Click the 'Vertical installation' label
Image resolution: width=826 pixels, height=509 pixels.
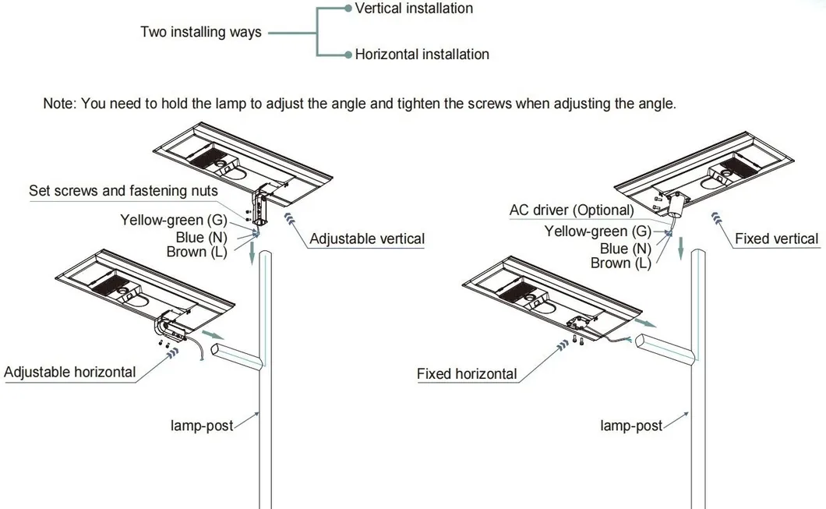[413, 9]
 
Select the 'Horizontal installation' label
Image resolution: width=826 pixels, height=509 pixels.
[422, 55]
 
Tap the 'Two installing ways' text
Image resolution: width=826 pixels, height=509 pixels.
[201, 32]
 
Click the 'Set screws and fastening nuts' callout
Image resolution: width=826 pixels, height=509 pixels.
[123, 191]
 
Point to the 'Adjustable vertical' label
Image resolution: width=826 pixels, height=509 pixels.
[367, 239]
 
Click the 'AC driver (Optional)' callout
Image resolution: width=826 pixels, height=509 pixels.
[571, 210]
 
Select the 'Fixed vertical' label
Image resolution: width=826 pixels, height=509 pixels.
[776, 239]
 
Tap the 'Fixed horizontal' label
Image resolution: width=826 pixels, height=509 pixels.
[467, 374]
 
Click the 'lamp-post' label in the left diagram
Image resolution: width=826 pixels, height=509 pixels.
[202, 426]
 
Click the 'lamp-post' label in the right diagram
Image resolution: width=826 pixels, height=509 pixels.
[631, 426]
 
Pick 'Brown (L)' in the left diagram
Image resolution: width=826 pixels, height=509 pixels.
[196, 252]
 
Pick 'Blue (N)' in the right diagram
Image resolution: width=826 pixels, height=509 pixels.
[625, 249]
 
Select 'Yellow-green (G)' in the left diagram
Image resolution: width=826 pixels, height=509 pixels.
[173, 221]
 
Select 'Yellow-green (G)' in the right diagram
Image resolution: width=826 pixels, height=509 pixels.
[598, 232]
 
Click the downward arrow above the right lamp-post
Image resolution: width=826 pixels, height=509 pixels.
[680, 247]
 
